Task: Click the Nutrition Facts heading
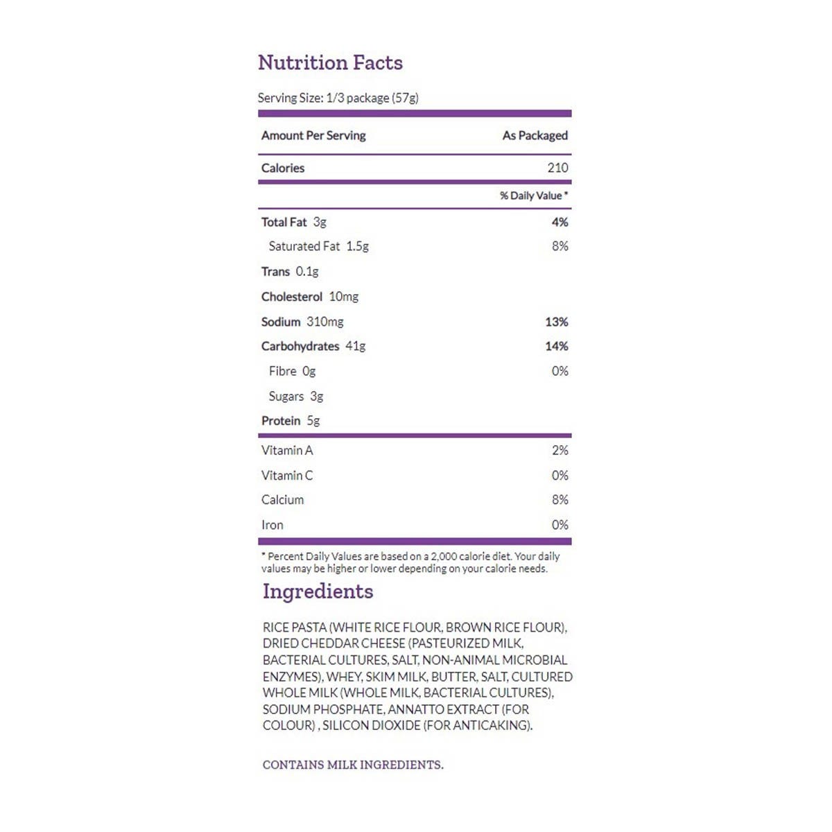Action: (330, 63)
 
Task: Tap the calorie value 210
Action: (557, 168)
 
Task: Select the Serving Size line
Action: (338, 98)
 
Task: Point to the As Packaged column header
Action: (535, 136)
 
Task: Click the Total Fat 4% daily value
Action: (560, 223)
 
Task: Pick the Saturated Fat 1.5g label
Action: (318, 246)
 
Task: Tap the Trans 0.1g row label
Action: (290, 272)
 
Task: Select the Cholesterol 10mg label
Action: (310, 297)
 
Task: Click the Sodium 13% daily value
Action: (557, 322)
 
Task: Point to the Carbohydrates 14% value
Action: (557, 346)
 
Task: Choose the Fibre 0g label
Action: (292, 372)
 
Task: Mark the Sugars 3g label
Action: (296, 397)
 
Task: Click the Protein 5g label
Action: (291, 421)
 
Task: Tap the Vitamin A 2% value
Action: (560, 451)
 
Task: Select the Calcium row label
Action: (282, 500)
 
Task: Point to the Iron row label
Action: (272, 525)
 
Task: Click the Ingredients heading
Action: (318, 591)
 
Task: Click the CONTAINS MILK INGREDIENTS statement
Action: (353, 765)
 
